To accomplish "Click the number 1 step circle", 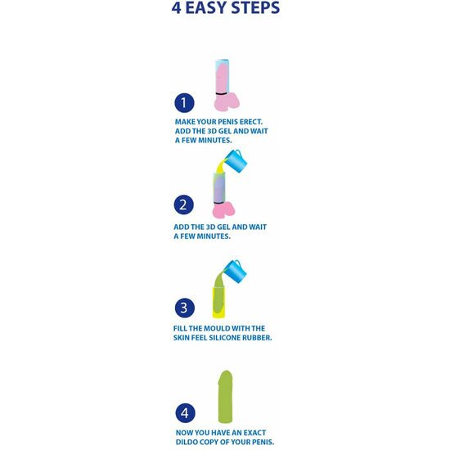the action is coord(184,103).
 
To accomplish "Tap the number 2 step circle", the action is coord(183,205).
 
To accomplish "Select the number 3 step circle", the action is coord(185,308).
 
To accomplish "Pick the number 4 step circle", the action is coord(185,413).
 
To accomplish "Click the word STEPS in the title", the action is coord(255,7).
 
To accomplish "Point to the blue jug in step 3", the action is coord(236,271).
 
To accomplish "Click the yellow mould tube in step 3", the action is coord(218,302).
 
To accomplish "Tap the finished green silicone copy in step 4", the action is coord(225,397).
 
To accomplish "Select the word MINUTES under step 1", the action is coord(215,141).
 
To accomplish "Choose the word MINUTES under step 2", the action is coord(214,236).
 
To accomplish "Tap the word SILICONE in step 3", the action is coord(225,338).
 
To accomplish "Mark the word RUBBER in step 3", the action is coord(257,338).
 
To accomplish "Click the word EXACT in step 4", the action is coord(254,433).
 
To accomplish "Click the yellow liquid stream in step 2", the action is coord(220,166).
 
